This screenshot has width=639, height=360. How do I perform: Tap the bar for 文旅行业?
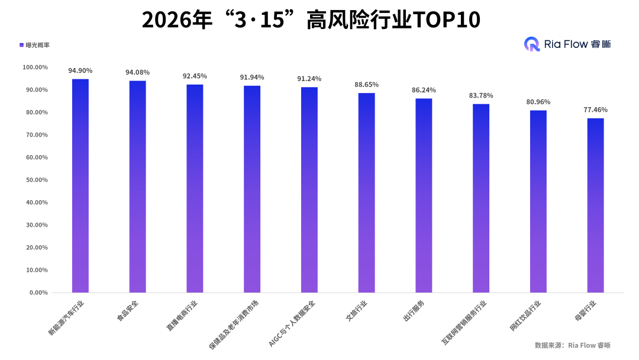coord(366,192)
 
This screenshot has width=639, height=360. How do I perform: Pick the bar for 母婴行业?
coord(595,205)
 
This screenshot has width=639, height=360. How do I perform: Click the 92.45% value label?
coord(195,76)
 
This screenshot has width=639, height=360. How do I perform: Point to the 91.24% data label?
coord(309,79)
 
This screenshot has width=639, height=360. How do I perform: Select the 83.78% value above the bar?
coord(481,95)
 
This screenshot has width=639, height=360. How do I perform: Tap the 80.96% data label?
coord(538,102)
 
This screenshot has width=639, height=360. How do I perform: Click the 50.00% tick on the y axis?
coord(35,180)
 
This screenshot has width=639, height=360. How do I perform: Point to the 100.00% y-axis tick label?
coord(34,67)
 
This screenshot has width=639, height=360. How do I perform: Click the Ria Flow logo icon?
coord(532,44)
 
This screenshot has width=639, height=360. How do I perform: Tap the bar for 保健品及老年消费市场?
coord(252,189)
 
